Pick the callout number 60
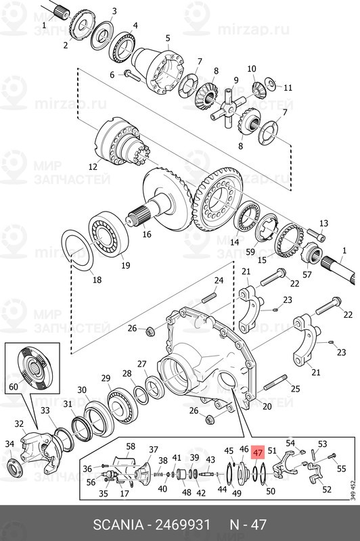14,387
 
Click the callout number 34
9,444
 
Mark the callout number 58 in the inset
131,446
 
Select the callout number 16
147,235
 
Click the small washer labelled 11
270,83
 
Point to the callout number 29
106,377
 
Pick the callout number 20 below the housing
267,406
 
